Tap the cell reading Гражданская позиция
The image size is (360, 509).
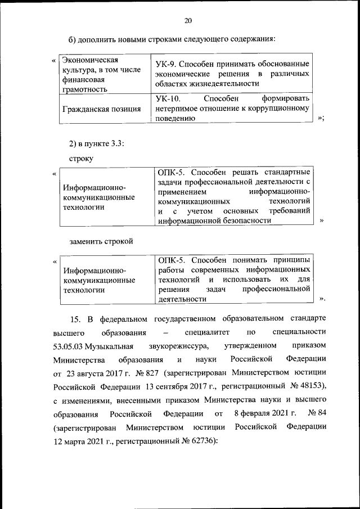point(102,109)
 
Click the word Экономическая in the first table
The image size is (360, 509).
point(90,60)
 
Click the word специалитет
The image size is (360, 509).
point(204,332)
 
